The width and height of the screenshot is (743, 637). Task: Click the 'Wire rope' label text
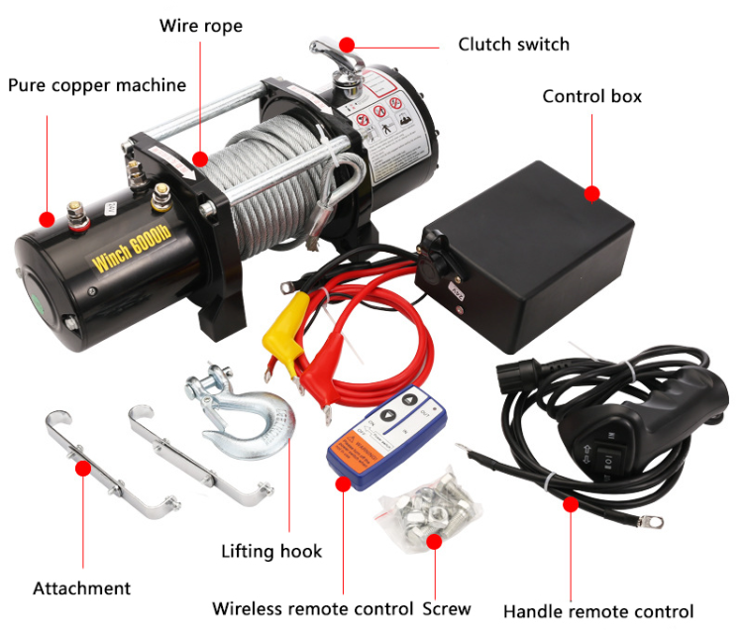pyautogui.click(x=200, y=25)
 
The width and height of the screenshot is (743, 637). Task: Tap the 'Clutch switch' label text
pyautogui.click(x=513, y=45)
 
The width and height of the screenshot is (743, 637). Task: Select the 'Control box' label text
pyautogui.click(x=591, y=96)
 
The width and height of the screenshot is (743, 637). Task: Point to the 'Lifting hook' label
pyautogui.click(x=271, y=551)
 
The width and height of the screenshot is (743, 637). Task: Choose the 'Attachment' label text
pyautogui.click(x=81, y=588)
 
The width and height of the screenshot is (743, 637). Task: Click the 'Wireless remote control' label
pyautogui.click(x=312, y=608)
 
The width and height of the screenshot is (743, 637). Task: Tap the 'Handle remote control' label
pyautogui.click(x=597, y=611)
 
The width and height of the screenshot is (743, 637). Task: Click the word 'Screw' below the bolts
pyautogui.click(x=447, y=608)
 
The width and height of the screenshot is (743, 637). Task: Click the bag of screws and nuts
pyautogui.click(x=426, y=505)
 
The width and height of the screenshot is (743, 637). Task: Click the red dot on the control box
pyautogui.click(x=592, y=194)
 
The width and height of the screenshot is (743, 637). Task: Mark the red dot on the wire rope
pyautogui.click(x=200, y=158)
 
